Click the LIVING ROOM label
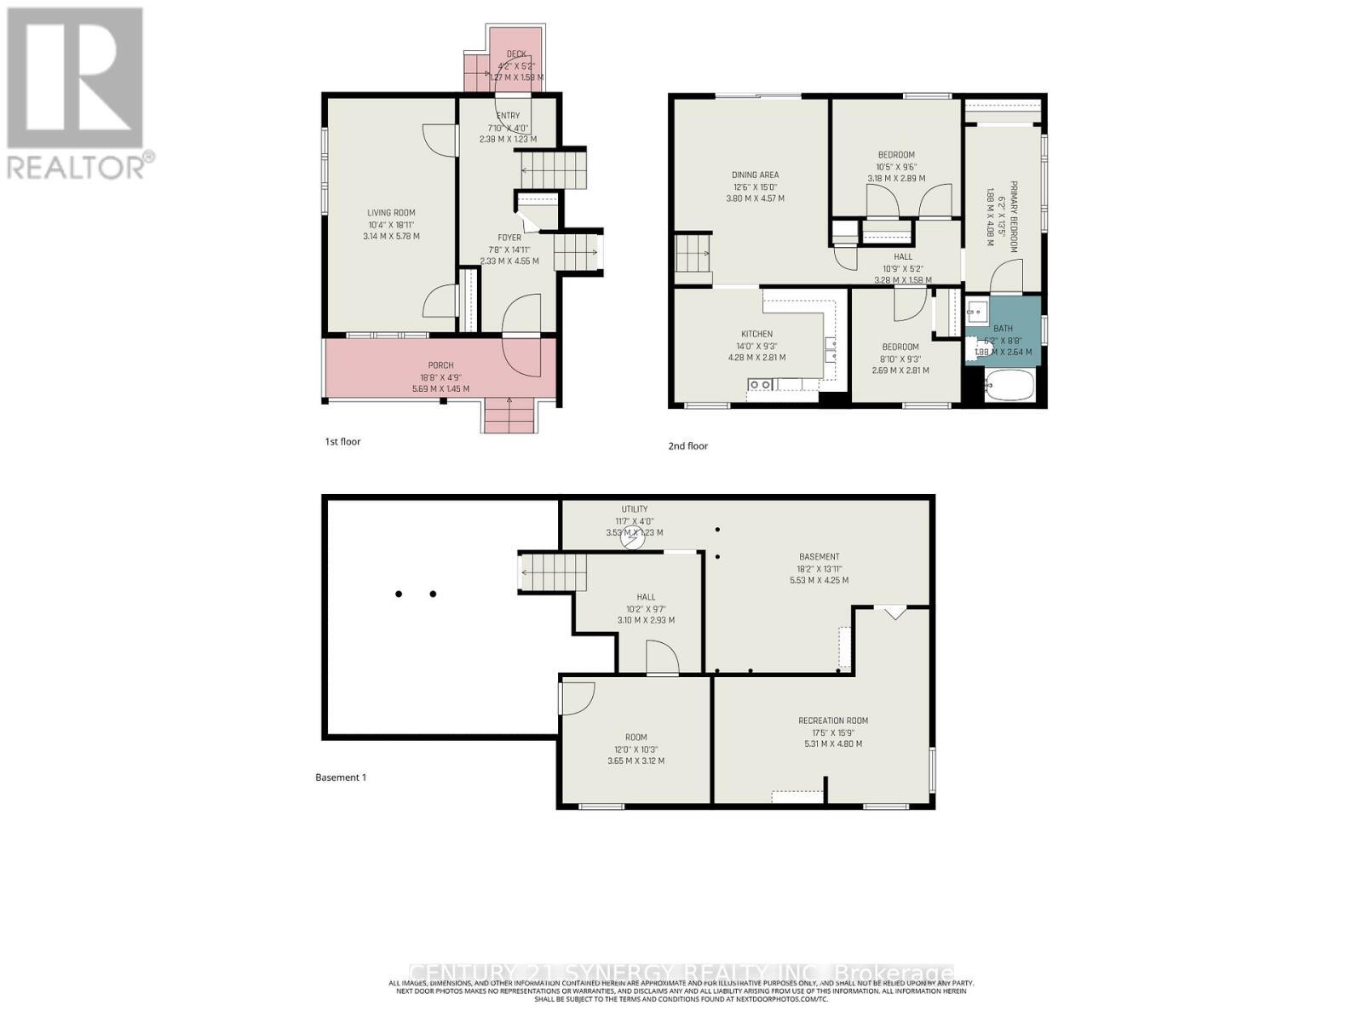(x=391, y=213)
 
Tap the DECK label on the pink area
(x=516, y=55)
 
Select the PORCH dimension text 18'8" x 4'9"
(x=440, y=377)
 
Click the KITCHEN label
(x=756, y=334)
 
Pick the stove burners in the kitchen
(x=761, y=385)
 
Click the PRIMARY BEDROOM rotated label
(x=1014, y=216)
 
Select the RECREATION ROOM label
(x=833, y=721)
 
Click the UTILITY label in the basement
(x=634, y=509)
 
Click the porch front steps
(x=509, y=415)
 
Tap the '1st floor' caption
(x=342, y=441)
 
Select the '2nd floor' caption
(x=687, y=445)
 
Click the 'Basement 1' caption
(x=341, y=777)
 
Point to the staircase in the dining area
(x=693, y=253)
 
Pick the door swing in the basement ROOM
(x=576, y=698)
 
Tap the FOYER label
(x=509, y=238)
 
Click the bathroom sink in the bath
(x=977, y=308)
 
